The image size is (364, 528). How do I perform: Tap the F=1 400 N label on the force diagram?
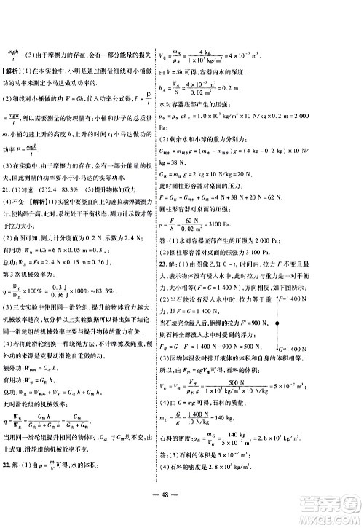[326, 279]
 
